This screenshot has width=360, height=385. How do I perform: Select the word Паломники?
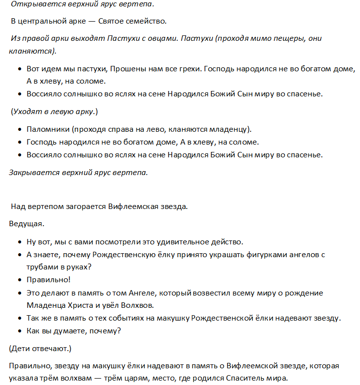(x=46, y=129)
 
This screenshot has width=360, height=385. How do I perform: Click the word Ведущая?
(x=26, y=224)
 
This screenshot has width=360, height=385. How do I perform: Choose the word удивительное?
(x=174, y=242)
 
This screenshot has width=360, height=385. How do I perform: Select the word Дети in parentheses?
(x=20, y=348)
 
